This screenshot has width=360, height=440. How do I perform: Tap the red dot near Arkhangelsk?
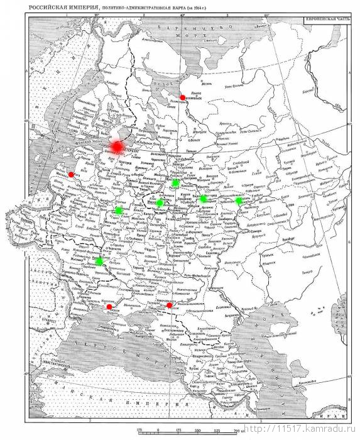tap(182, 97)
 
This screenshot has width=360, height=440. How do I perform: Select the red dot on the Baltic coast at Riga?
tap(71, 175)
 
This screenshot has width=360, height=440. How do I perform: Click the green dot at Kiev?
tap(99, 261)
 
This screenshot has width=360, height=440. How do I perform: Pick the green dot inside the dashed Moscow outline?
tap(160, 203)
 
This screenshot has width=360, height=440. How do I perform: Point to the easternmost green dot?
tap(239, 201)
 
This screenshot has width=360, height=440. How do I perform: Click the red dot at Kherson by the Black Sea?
tap(109, 307)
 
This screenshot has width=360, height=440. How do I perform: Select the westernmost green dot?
tap(99, 261)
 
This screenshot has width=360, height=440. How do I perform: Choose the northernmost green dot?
tap(175, 182)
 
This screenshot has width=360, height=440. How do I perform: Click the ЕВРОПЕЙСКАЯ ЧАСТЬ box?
tap(325, 19)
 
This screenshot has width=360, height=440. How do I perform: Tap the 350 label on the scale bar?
tap(197, 431)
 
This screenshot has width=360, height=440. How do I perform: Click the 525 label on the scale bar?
tap(217, 431)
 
